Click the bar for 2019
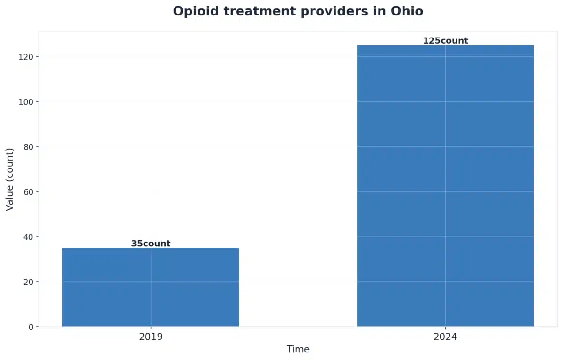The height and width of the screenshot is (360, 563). (151, 287)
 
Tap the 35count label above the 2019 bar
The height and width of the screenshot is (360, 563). (151, 244)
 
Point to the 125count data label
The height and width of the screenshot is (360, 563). (445, 41)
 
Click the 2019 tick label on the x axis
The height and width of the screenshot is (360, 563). (151, 337)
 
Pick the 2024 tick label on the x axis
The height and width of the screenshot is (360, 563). (445, 337)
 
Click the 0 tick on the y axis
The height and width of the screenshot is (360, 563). (31, 327)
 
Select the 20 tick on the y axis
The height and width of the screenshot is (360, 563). (29, 282)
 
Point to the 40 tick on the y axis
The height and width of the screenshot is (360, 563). (29, 237)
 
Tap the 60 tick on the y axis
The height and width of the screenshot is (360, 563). (29, 191)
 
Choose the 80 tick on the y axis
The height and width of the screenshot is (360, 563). (29, 147)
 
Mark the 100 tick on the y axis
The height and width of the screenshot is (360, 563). (27, 102)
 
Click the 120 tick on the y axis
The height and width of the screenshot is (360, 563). (27, 57)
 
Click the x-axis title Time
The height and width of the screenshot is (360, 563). (298, 350)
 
